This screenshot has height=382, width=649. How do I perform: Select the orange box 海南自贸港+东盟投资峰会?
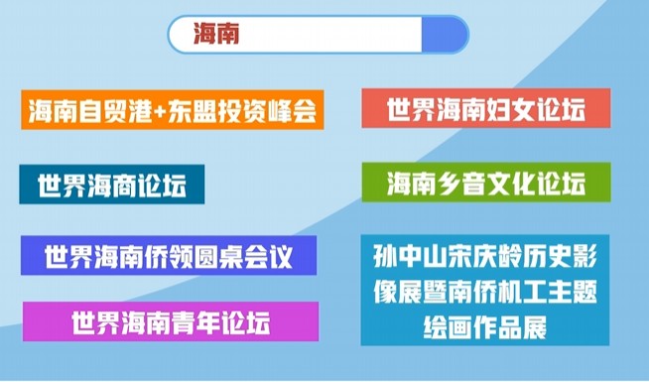coord(172,109)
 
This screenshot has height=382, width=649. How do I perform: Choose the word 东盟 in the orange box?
coord(198,110)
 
